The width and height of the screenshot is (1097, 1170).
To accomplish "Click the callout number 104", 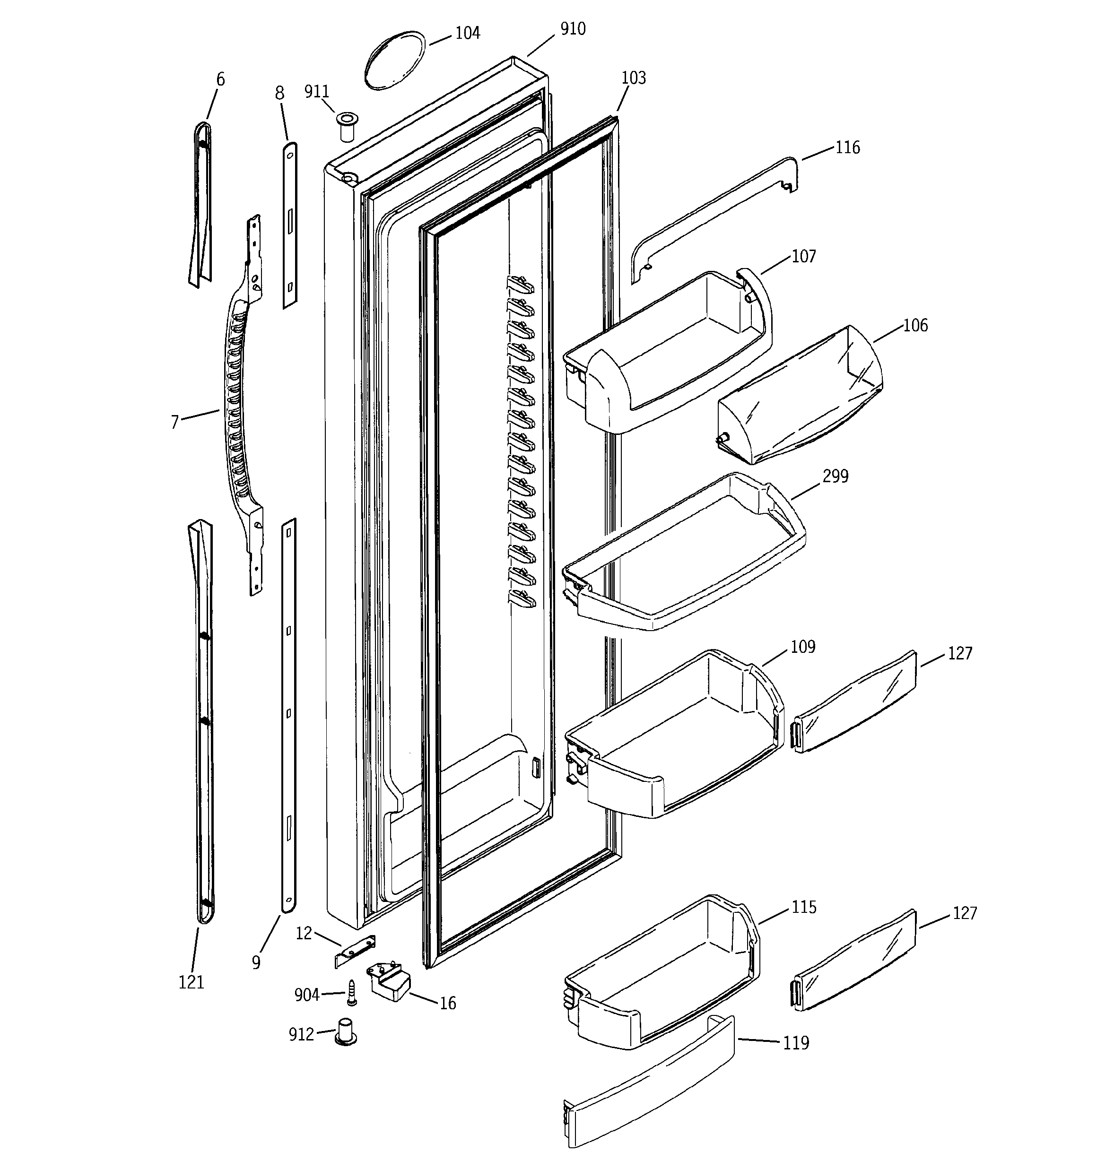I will click(x=468, y=33).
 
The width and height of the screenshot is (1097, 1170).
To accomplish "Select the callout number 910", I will click(x=572, y=28).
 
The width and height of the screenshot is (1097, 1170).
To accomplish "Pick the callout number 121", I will click(x=192, y=982).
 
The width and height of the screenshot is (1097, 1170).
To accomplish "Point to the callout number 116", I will click(x=847, y=147).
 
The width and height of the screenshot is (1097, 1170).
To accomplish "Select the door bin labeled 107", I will click(x=665, y=353).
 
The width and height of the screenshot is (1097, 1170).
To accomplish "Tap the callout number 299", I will click(x=835, y=476).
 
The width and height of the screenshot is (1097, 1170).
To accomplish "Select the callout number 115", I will click(x=804, y=907).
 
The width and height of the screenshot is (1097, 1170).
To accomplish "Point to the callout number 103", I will click(x=634, y=78).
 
